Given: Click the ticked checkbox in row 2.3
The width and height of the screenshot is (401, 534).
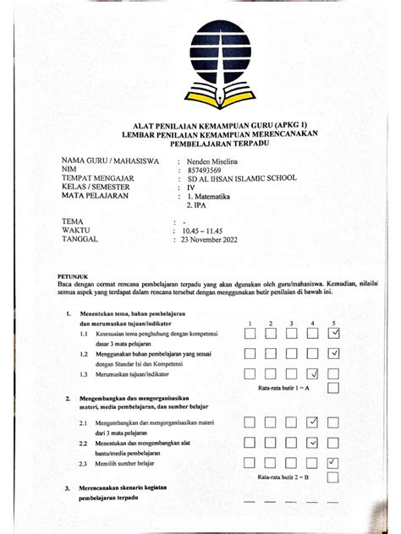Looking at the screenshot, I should [x=334, y=462].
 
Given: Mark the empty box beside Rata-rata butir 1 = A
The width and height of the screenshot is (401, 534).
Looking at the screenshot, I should [x=334, y=388].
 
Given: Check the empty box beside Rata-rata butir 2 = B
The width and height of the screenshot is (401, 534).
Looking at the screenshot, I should [x=334, y=478].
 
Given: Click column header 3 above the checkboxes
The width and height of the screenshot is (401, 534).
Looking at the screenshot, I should [x=291, y=323].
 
